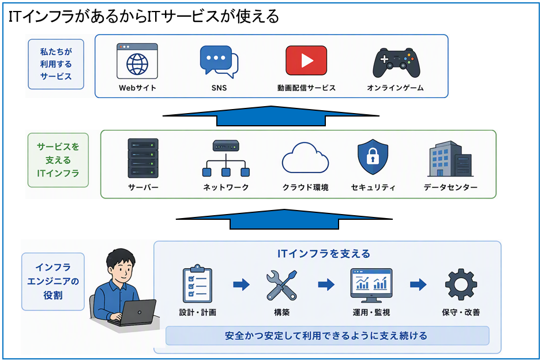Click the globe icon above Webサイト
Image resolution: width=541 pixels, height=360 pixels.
coord(137,65)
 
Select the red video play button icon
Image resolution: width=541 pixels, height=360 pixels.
coord(306,61)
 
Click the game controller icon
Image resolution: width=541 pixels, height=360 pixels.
coord(396,63)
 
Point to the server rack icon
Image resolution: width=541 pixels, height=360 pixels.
coord(143,158)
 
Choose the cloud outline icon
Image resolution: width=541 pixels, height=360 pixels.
coord(305,157)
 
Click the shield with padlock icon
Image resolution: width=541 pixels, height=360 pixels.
coord(373,157)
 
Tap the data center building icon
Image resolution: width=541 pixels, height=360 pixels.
coord(450,159)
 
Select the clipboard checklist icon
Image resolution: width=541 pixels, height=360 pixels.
coord(197,284)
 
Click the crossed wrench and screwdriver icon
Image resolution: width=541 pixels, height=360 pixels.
coord(281,285)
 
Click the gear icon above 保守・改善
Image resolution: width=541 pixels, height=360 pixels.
coord(461,284)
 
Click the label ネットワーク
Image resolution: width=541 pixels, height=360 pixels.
coord(226,187)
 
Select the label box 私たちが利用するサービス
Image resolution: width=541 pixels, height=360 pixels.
coord(56,64)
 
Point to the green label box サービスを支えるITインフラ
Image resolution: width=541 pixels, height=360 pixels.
coord(58,160)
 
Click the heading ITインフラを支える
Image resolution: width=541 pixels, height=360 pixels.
coord(324,254)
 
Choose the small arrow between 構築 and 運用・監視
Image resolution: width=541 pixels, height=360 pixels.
coord(326,285)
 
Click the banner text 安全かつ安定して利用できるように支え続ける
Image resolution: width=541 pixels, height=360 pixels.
coord(326,336)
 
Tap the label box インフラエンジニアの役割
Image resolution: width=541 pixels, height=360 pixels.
coord(53,282)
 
